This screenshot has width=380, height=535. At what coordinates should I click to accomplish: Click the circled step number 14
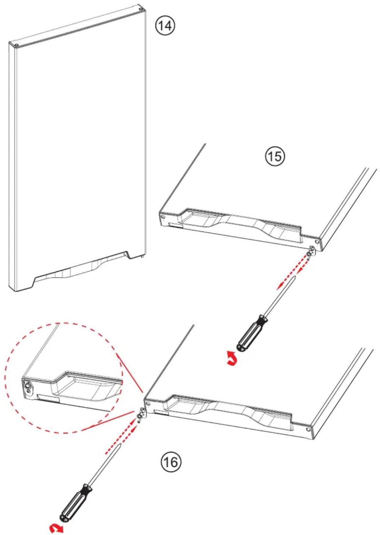[165, 26]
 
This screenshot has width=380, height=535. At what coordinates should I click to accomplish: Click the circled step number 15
[274, 156]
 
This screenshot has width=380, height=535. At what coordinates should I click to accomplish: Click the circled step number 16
[171, 462]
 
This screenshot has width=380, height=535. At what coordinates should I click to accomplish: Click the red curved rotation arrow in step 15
[232, 358]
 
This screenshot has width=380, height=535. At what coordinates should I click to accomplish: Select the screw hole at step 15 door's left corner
[163, 217]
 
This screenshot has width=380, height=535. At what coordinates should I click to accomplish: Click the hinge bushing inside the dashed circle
[28, 386]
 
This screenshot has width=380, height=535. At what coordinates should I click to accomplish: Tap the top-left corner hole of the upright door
[16, 45]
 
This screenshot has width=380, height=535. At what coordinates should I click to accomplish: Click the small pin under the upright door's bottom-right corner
[143, 256]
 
